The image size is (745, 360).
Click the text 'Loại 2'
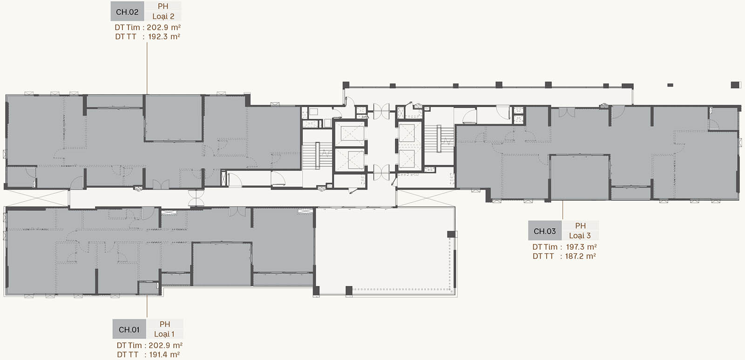click(x=163, y=16)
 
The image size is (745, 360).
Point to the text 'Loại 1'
click(x=164, y=334)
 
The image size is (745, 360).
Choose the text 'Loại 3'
click(x=580, y=236)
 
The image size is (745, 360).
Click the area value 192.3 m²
click(x=164, y=37)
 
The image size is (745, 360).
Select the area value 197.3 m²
click(x=581, y=247)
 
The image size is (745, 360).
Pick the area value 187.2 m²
click(x=580, y=256)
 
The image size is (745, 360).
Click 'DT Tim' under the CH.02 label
click(x=127, y=27)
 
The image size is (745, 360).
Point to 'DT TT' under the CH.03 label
click(x=543, y=256)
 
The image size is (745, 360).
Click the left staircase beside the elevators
click(x=317, y=156)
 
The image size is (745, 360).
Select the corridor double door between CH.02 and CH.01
click(x=196, y=198)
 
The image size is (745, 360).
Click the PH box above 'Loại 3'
click(x=580, y=225)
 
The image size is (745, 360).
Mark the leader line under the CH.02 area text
click(x=147, y=68)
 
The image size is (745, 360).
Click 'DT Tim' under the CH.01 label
click(x=129, y=346)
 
